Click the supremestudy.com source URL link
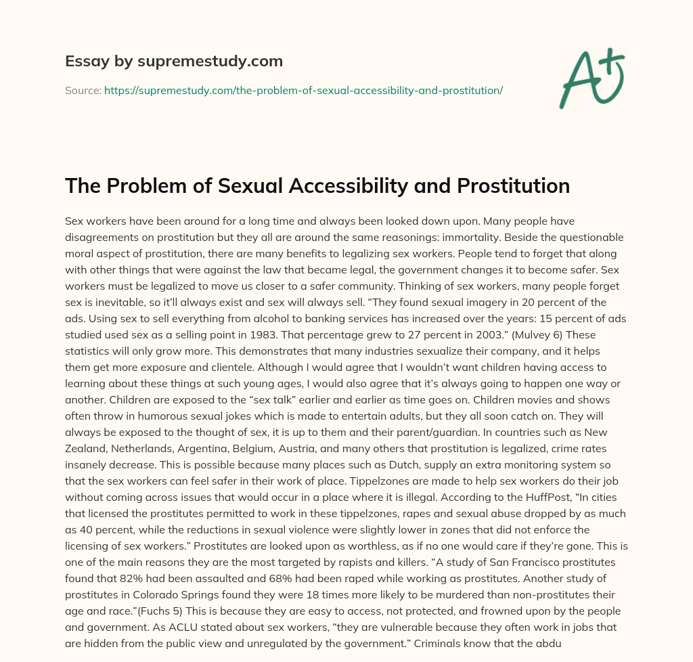pyautogui.click(x=303, y=89)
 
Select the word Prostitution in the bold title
pyautogui.click(x=504, y=185)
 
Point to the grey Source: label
pyautogui.click(x=83, y=89)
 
